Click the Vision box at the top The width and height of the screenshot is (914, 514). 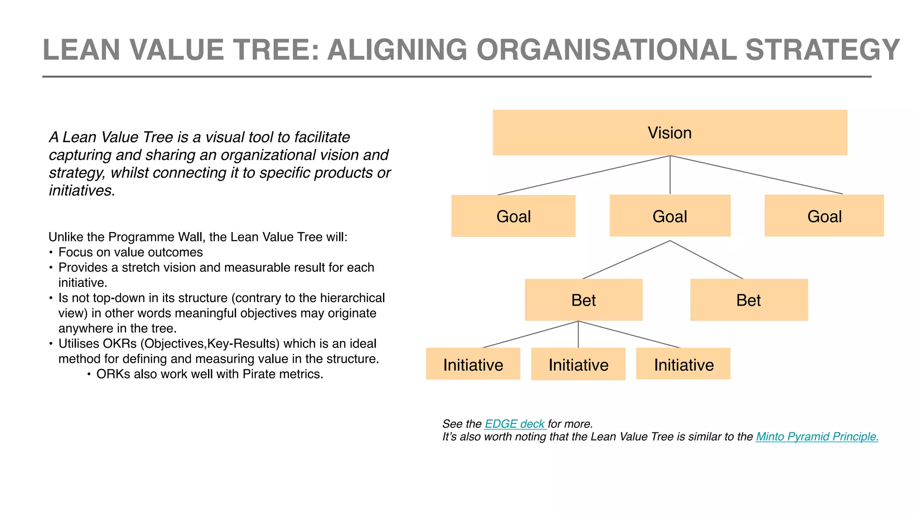point(669,133)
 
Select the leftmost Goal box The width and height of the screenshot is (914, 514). point(513,216)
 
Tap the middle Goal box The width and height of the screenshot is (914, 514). point(669,216)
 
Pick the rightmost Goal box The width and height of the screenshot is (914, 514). point(824,216)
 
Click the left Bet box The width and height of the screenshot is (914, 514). point(583,300)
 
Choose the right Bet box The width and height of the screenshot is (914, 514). point(748,300)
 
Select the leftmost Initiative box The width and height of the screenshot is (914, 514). point(473,364)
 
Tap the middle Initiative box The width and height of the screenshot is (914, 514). point(578,364)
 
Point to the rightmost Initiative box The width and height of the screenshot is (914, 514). point(683,364)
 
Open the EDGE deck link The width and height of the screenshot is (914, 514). point(515,424)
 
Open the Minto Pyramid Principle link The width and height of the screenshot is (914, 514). point(817,436)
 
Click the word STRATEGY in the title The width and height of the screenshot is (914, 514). point(822,50)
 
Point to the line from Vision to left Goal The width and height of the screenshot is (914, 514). point(584,175)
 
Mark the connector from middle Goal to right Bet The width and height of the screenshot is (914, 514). point(706,260)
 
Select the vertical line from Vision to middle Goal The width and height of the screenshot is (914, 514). point(670,175)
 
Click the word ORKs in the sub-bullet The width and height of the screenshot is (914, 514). point(113,374)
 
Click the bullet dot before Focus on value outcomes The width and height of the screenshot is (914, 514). point(51,253)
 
